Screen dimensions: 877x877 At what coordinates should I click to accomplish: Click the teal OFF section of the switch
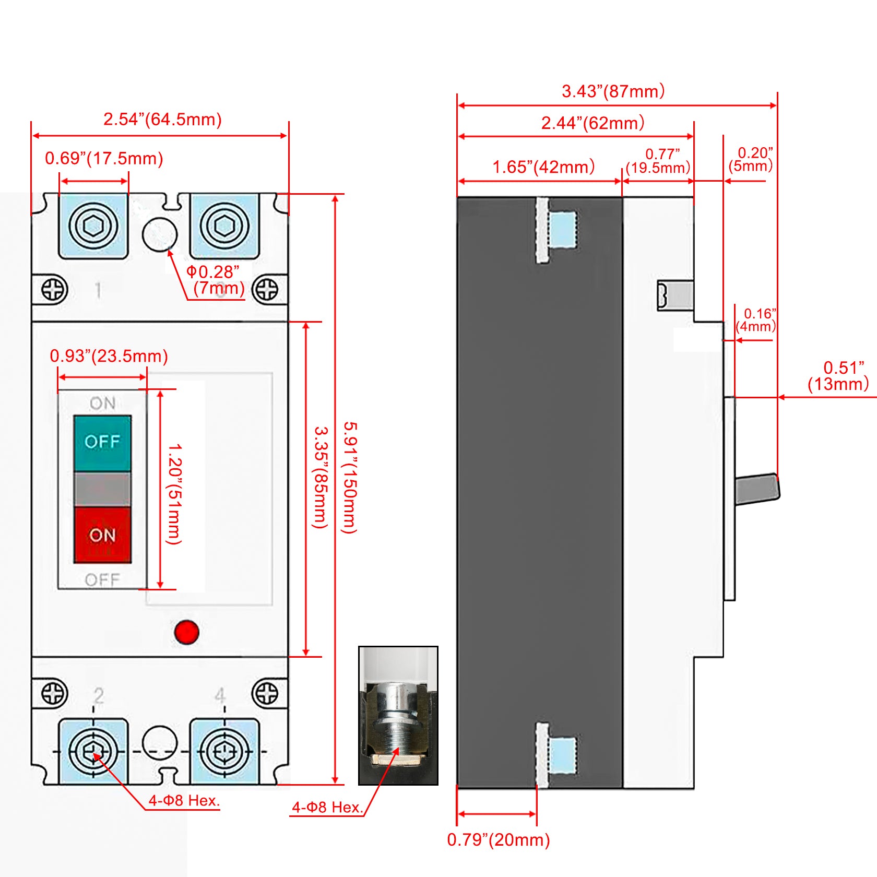(102, 443)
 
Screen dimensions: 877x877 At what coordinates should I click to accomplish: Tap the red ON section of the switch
(102, 535)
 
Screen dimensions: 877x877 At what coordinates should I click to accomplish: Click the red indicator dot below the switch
(186, 632)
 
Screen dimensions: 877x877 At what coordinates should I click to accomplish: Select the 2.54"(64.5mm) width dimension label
(162, 120)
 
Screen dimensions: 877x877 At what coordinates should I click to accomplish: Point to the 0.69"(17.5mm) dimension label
(104, 158)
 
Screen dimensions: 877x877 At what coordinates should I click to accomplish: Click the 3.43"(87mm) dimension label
(613, 91)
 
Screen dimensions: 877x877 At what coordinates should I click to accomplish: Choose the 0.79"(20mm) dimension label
(498, 839)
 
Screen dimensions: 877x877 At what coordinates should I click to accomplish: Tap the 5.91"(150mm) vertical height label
(349, 477)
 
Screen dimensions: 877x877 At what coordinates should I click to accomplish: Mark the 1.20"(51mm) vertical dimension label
(174, 493)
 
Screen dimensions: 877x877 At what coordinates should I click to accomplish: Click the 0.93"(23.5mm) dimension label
(109, 356)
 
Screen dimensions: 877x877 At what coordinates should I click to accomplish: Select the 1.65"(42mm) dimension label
(543, 167)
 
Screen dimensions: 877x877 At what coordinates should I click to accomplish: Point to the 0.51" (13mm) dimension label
(838, 376)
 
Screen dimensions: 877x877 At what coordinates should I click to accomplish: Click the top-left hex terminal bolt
(93, 226)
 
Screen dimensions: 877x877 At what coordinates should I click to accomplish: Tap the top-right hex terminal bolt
(224, 226)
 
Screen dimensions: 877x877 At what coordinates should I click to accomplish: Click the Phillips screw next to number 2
(54, 693)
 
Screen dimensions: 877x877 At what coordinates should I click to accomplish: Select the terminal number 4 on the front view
(220, 695)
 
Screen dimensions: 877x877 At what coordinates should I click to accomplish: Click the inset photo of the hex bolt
(398, 715)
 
